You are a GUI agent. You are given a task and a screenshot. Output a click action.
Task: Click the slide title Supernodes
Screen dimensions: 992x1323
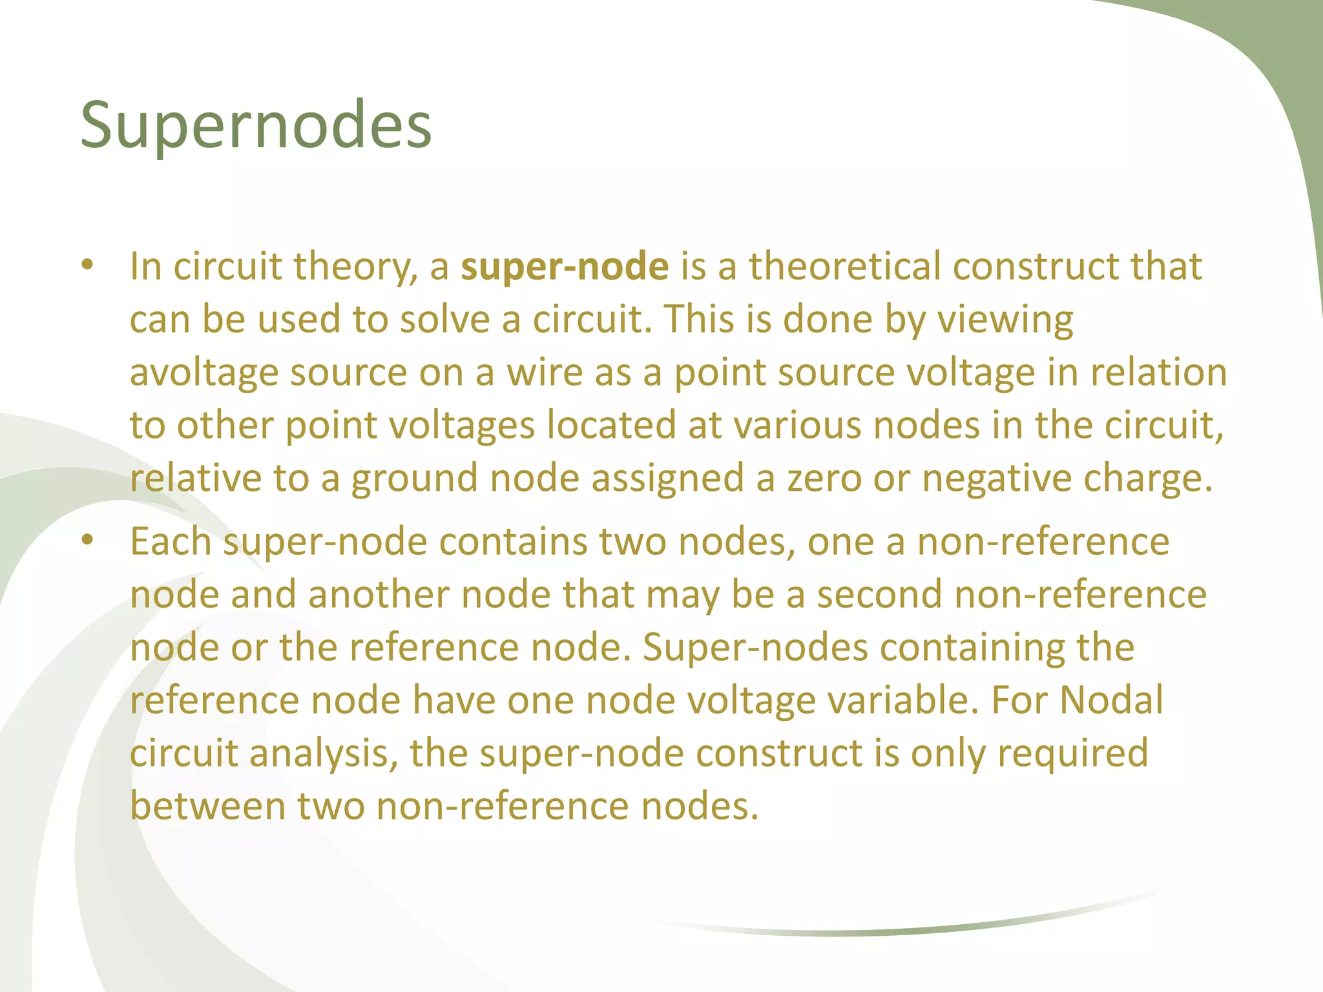pos(256,125)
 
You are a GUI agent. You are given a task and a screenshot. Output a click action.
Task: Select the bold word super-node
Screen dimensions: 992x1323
pos(565,267)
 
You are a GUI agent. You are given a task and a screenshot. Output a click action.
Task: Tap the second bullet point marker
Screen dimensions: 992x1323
pos(88,541)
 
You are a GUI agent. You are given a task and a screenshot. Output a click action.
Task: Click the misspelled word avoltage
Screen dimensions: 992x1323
pos(204,373)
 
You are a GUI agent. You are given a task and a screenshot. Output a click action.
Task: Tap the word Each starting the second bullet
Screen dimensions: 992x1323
pos(171,541)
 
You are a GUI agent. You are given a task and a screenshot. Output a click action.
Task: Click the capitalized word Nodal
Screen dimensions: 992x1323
pos(1111,700)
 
